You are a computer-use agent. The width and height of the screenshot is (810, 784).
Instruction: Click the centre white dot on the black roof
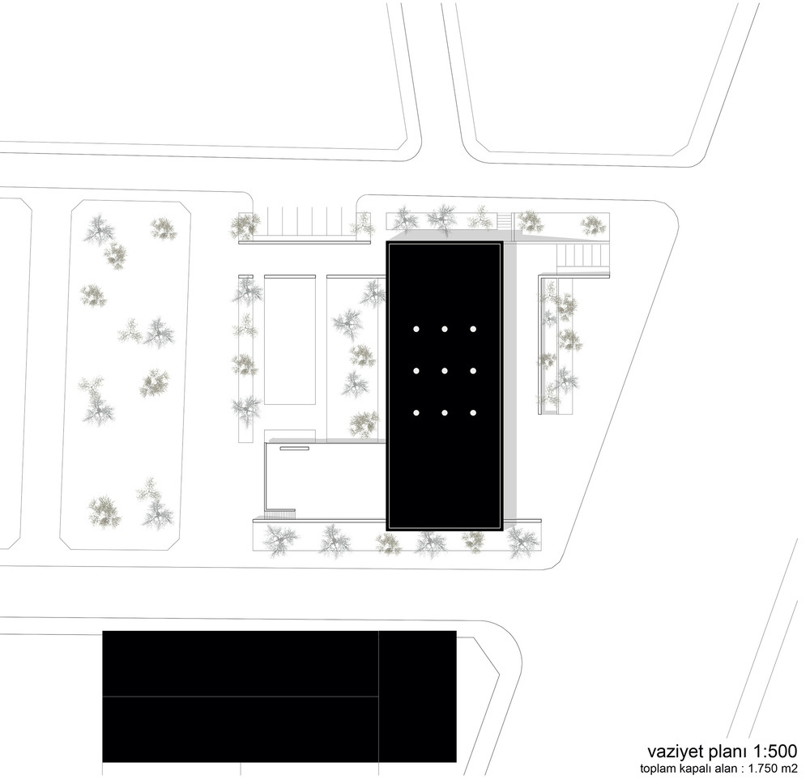(x=444, y=371)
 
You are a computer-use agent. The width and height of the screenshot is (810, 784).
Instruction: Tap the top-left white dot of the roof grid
(x=416, y=329)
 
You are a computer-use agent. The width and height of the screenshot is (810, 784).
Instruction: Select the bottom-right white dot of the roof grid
(x=473, y=413)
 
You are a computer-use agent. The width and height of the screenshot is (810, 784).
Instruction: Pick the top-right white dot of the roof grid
(x=473, y=329)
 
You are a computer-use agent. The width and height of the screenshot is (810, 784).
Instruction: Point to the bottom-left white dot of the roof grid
(x=416, y=413)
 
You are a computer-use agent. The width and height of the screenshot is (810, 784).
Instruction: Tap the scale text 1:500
(x=775, y=751)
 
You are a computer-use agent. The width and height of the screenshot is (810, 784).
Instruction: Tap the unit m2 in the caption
(x=790, y=769)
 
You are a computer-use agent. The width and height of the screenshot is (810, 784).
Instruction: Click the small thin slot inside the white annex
(x=295, y=449)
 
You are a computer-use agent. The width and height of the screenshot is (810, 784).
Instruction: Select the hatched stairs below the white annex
(x=279, y=514)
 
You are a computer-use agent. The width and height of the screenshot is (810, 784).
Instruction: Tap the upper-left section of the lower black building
(x=241, y=663)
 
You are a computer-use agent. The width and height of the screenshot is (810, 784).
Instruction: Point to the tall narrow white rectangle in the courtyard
(x=290, y=341)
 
